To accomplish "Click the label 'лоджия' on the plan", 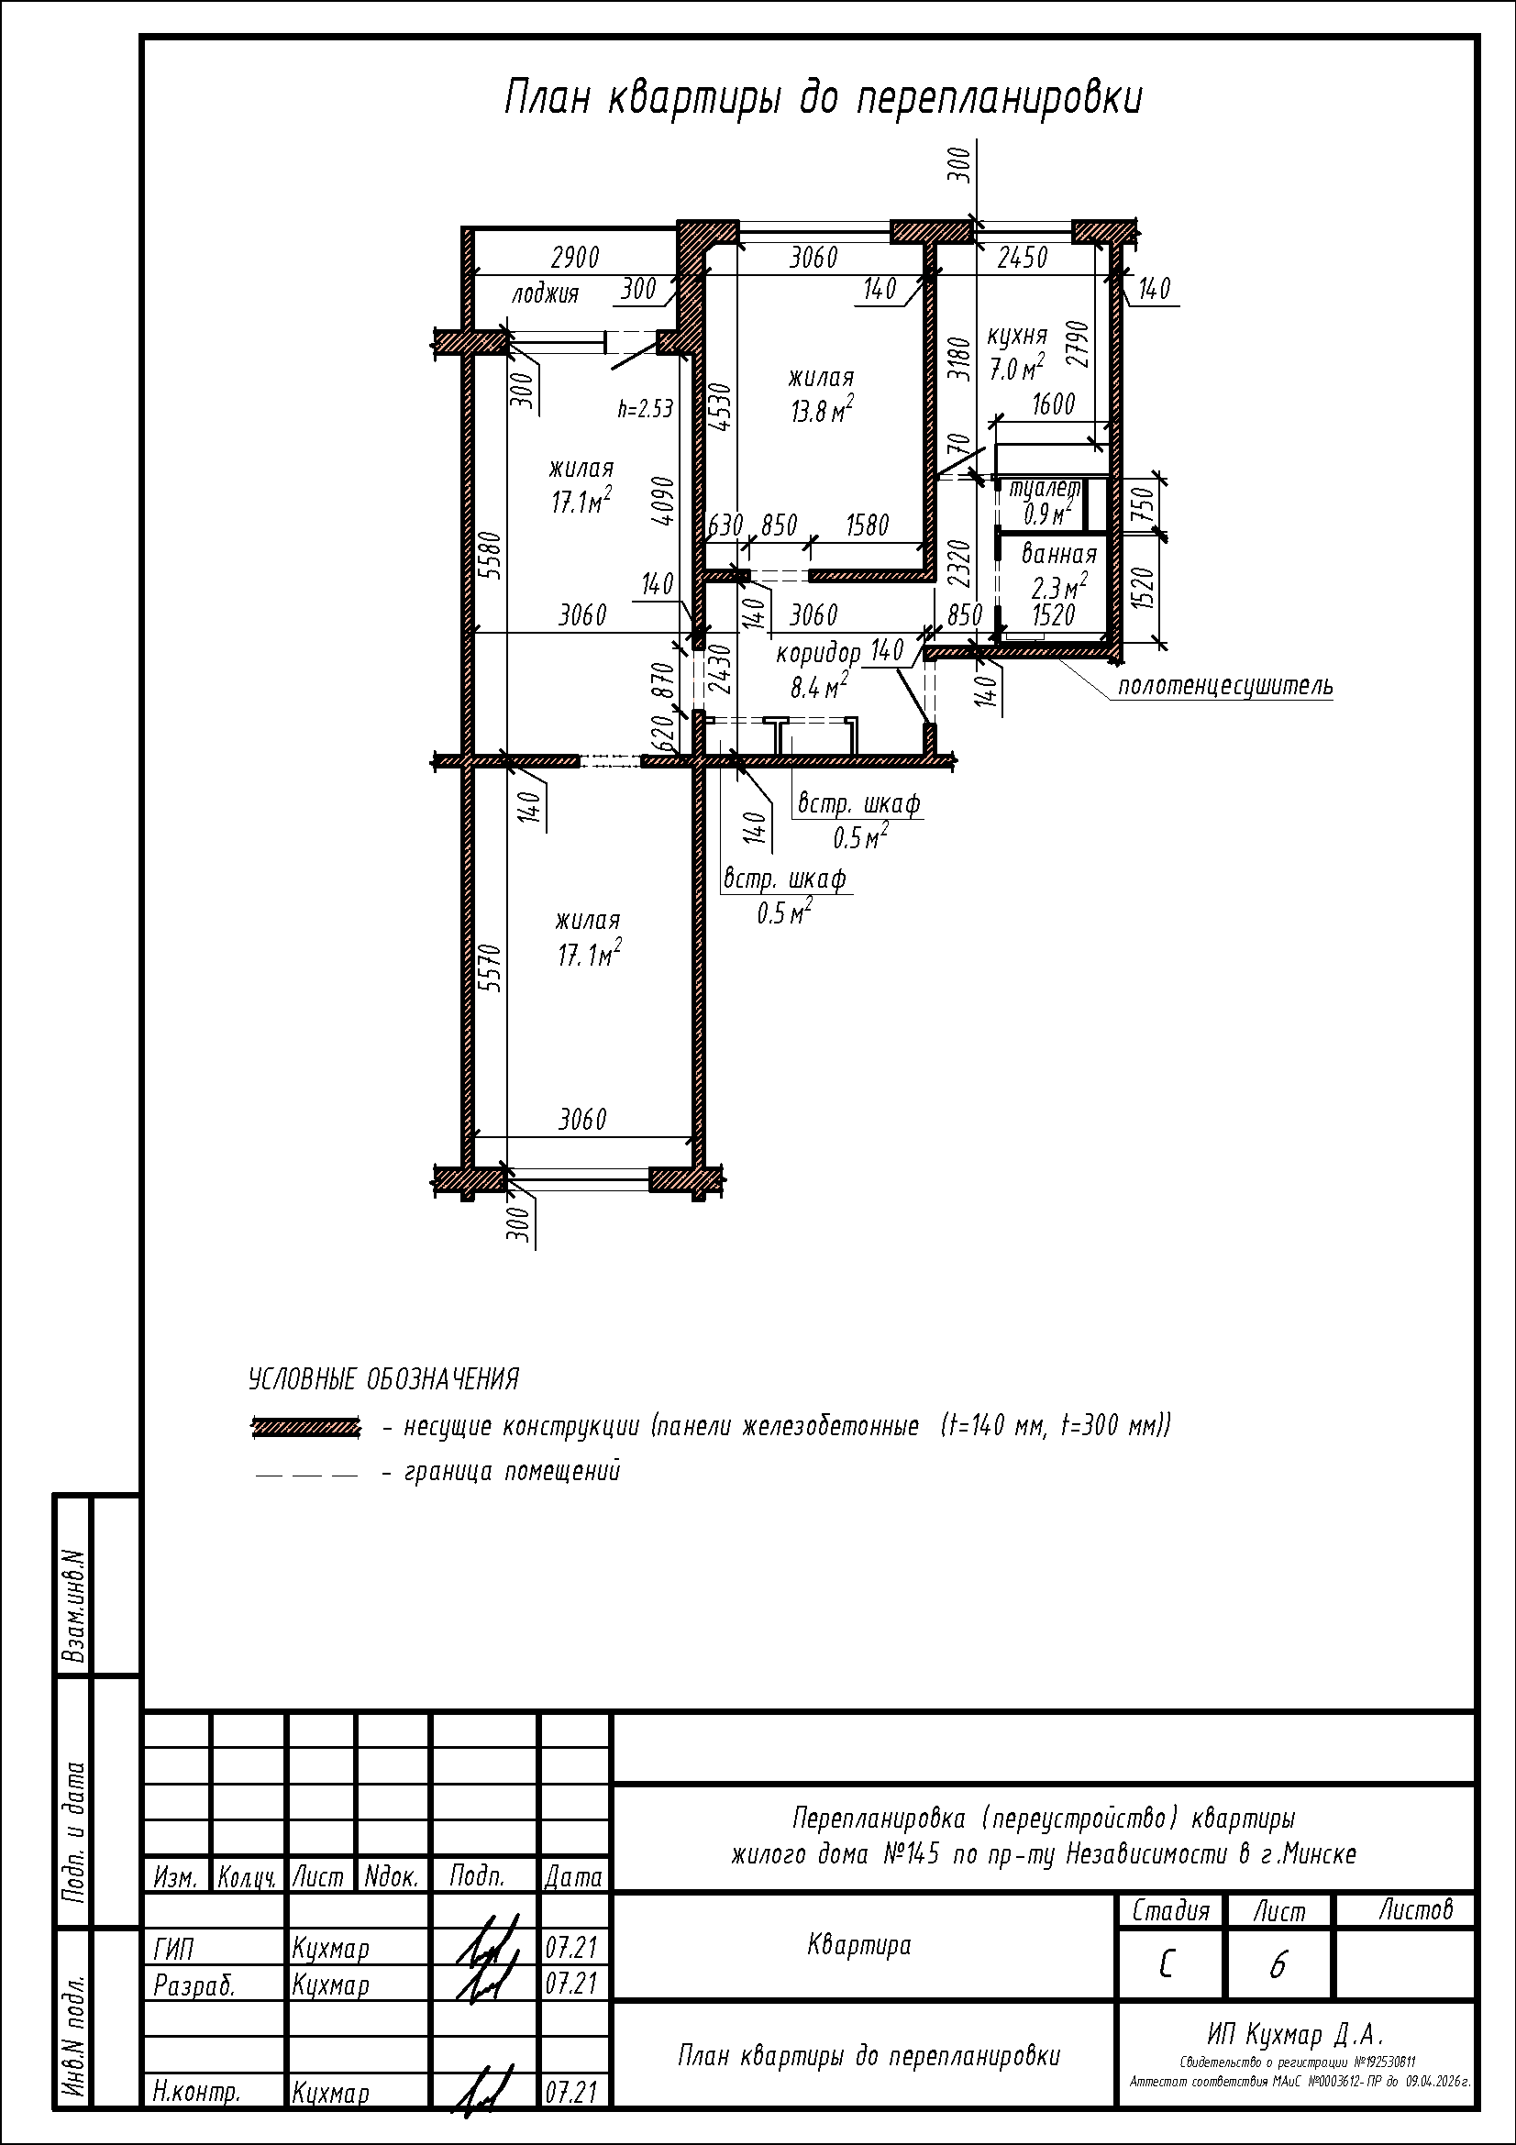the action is click(545, 294).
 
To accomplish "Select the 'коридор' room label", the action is click(818, 653).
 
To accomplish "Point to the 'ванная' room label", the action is click(1058, 554).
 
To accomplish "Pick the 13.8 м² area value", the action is click(822, 410).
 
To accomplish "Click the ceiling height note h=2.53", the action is click(646, 408).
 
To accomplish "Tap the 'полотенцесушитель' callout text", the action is click(1225, 687).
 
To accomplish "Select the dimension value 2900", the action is click(575, 257).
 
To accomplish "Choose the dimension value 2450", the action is click(1022, 258).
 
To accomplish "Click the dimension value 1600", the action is click(1054, 404).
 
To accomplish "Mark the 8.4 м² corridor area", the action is click(819, 688).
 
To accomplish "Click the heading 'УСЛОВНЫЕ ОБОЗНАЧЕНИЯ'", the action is click(384, 1378).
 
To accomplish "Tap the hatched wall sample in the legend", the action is click(305, 1427).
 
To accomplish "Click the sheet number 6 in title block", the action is click(1278, 1966).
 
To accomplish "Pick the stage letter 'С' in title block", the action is click(1166, 1966).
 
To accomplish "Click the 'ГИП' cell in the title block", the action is click(173, 1949).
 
